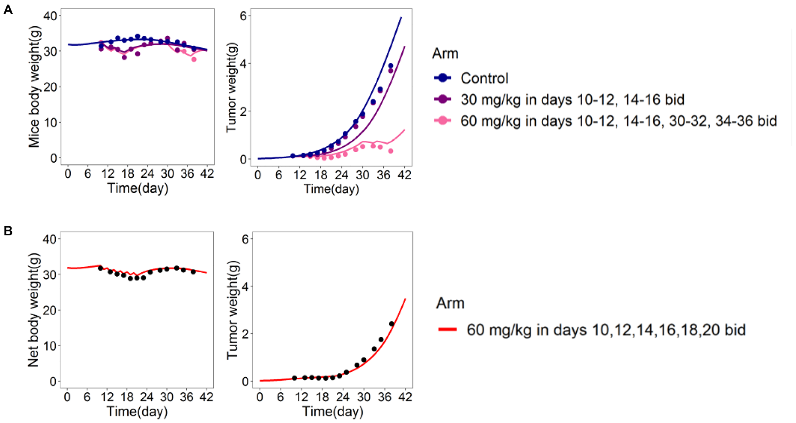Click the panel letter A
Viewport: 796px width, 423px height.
8,9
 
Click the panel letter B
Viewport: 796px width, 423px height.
8,231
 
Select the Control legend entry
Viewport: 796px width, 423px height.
484,78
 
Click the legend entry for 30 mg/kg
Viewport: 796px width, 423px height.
572,100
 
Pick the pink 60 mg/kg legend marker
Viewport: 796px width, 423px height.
443,121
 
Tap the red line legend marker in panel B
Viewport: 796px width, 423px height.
447,330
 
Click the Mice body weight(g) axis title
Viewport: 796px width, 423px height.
35,87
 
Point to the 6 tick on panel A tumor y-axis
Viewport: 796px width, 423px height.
243,16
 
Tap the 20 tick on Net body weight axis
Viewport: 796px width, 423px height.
49,310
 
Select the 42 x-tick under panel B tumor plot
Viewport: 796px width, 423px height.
405,397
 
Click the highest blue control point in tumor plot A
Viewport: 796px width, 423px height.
390,66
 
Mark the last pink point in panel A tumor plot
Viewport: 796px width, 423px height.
390,151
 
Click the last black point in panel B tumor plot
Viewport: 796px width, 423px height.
391,324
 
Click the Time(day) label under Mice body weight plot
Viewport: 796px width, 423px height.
138,188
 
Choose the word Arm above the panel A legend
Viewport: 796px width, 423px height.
445,54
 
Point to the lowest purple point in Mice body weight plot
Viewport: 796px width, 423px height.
124,58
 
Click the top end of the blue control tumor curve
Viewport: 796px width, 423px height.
401,17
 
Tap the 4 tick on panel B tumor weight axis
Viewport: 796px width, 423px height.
245,287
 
